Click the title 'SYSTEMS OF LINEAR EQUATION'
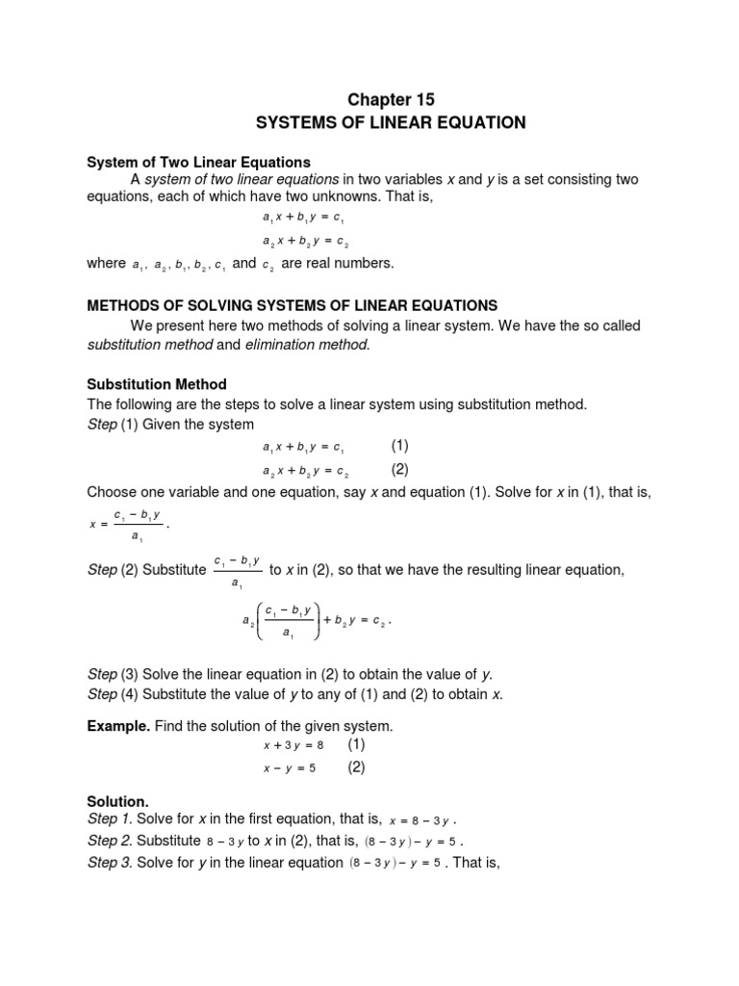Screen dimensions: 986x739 pos(390,122)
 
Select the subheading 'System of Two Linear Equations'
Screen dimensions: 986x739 pos(198,162)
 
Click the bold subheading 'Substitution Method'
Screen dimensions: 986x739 pos(157,383)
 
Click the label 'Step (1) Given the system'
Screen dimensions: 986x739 pos(171,424)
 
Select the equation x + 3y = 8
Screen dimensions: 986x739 pos(294,745)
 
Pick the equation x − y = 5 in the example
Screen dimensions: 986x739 pos(294,769)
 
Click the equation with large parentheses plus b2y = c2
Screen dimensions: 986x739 pos(318,621)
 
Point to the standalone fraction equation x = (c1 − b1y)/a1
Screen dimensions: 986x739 pos(129,525)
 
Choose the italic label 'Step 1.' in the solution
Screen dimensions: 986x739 pos(109,818)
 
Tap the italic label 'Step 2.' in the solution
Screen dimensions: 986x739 pos(109,841)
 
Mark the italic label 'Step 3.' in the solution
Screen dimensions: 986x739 pos(109,863)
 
